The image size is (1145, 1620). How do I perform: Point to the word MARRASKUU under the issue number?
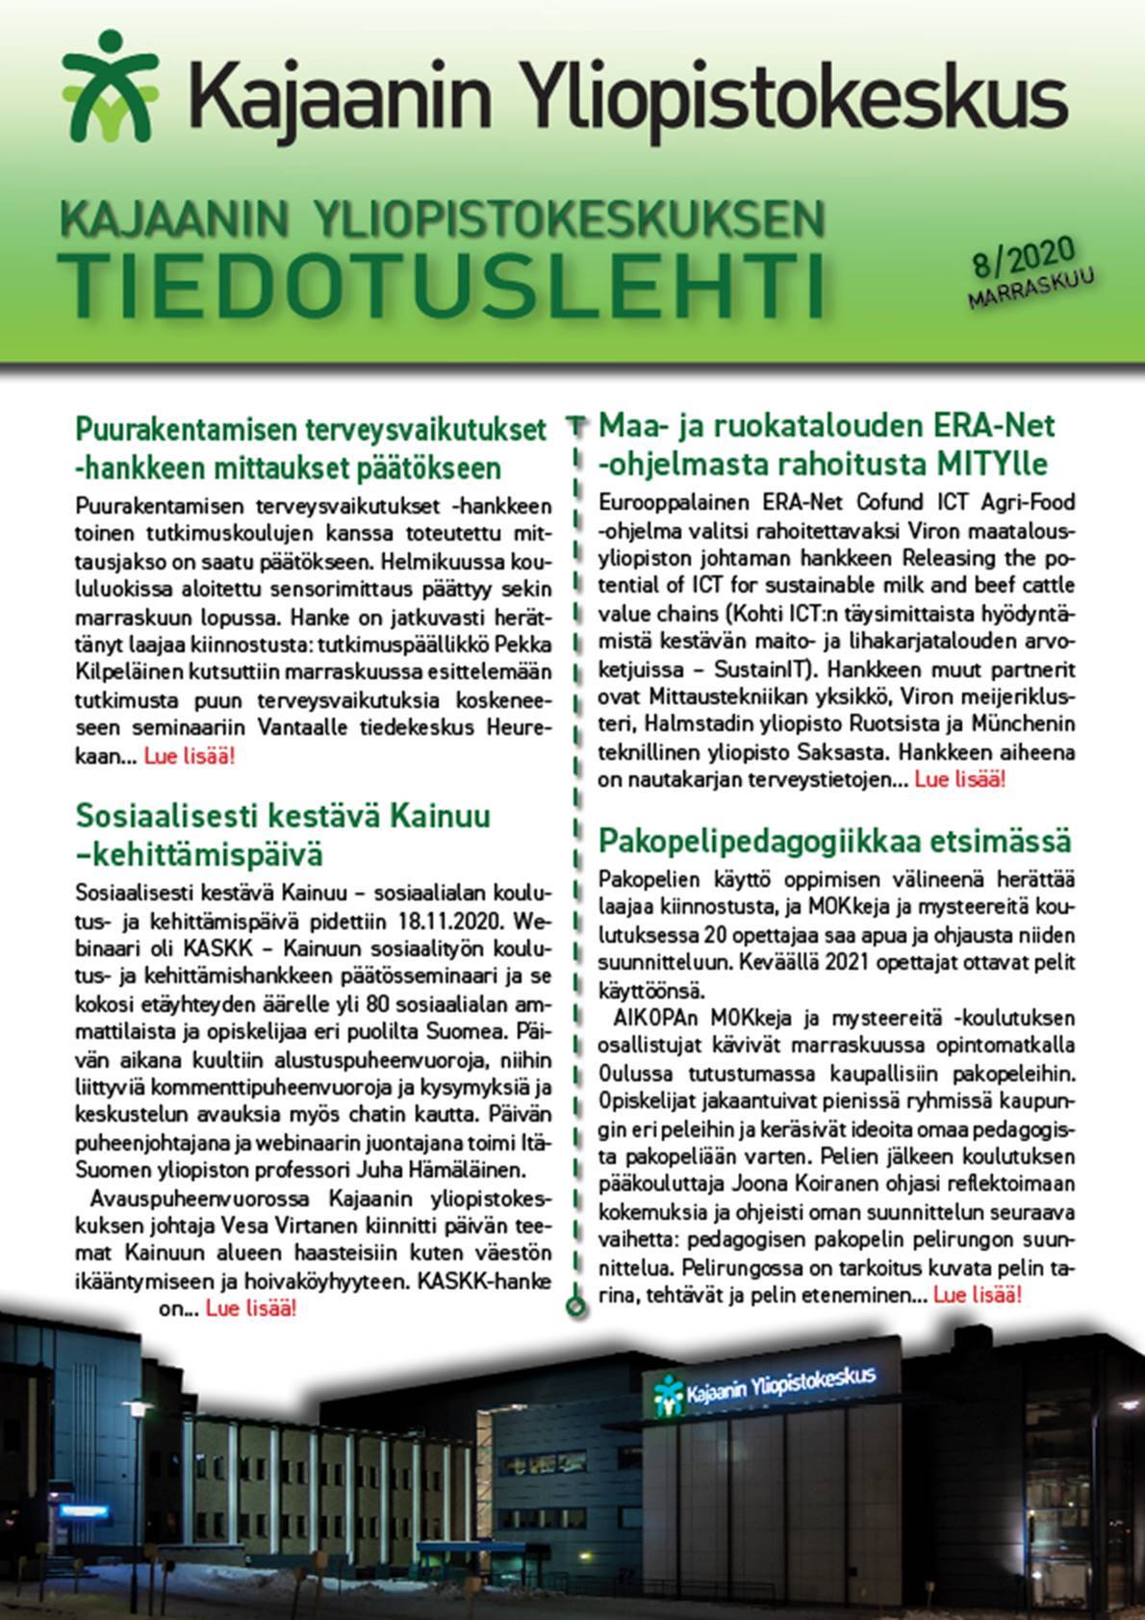(x=1034, y=289)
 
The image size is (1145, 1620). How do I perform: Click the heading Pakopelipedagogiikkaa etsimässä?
(x=833, y=841)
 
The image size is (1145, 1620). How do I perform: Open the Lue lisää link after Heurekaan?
(x=189, y=756)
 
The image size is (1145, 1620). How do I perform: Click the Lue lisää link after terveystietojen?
(x=959, y=779)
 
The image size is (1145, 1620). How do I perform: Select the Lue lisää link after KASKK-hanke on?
(x=251, y=1309)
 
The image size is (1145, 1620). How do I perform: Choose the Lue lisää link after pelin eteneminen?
(x=978, y=1296)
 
